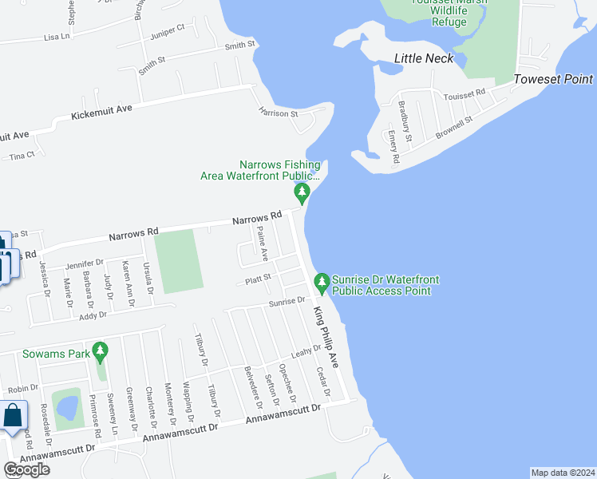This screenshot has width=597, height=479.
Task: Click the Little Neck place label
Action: pyautogui.click(x=424, y=58)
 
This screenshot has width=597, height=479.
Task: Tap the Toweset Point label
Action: pyautogui.click(x=553, y=79)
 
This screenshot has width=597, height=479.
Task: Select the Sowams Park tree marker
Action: pyautogui.click(x=100, y=350)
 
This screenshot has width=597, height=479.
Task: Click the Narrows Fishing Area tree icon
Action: pyautogui.click(x=302, y=192)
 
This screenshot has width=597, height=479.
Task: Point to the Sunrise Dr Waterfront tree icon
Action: pyautogui.click(x=322, y=282)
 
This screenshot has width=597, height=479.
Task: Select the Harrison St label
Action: pyautogui.click(x=278, y=113)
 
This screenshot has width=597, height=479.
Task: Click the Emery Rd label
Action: pyautogui.click(x=394, y=147)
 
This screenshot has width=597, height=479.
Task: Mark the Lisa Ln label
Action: pyautogui.click(x=57, y=36)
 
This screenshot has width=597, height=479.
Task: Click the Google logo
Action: pyautogui.click(x=26, y=469)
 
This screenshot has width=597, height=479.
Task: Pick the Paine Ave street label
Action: pyautogui.click(x=262, y=243)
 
